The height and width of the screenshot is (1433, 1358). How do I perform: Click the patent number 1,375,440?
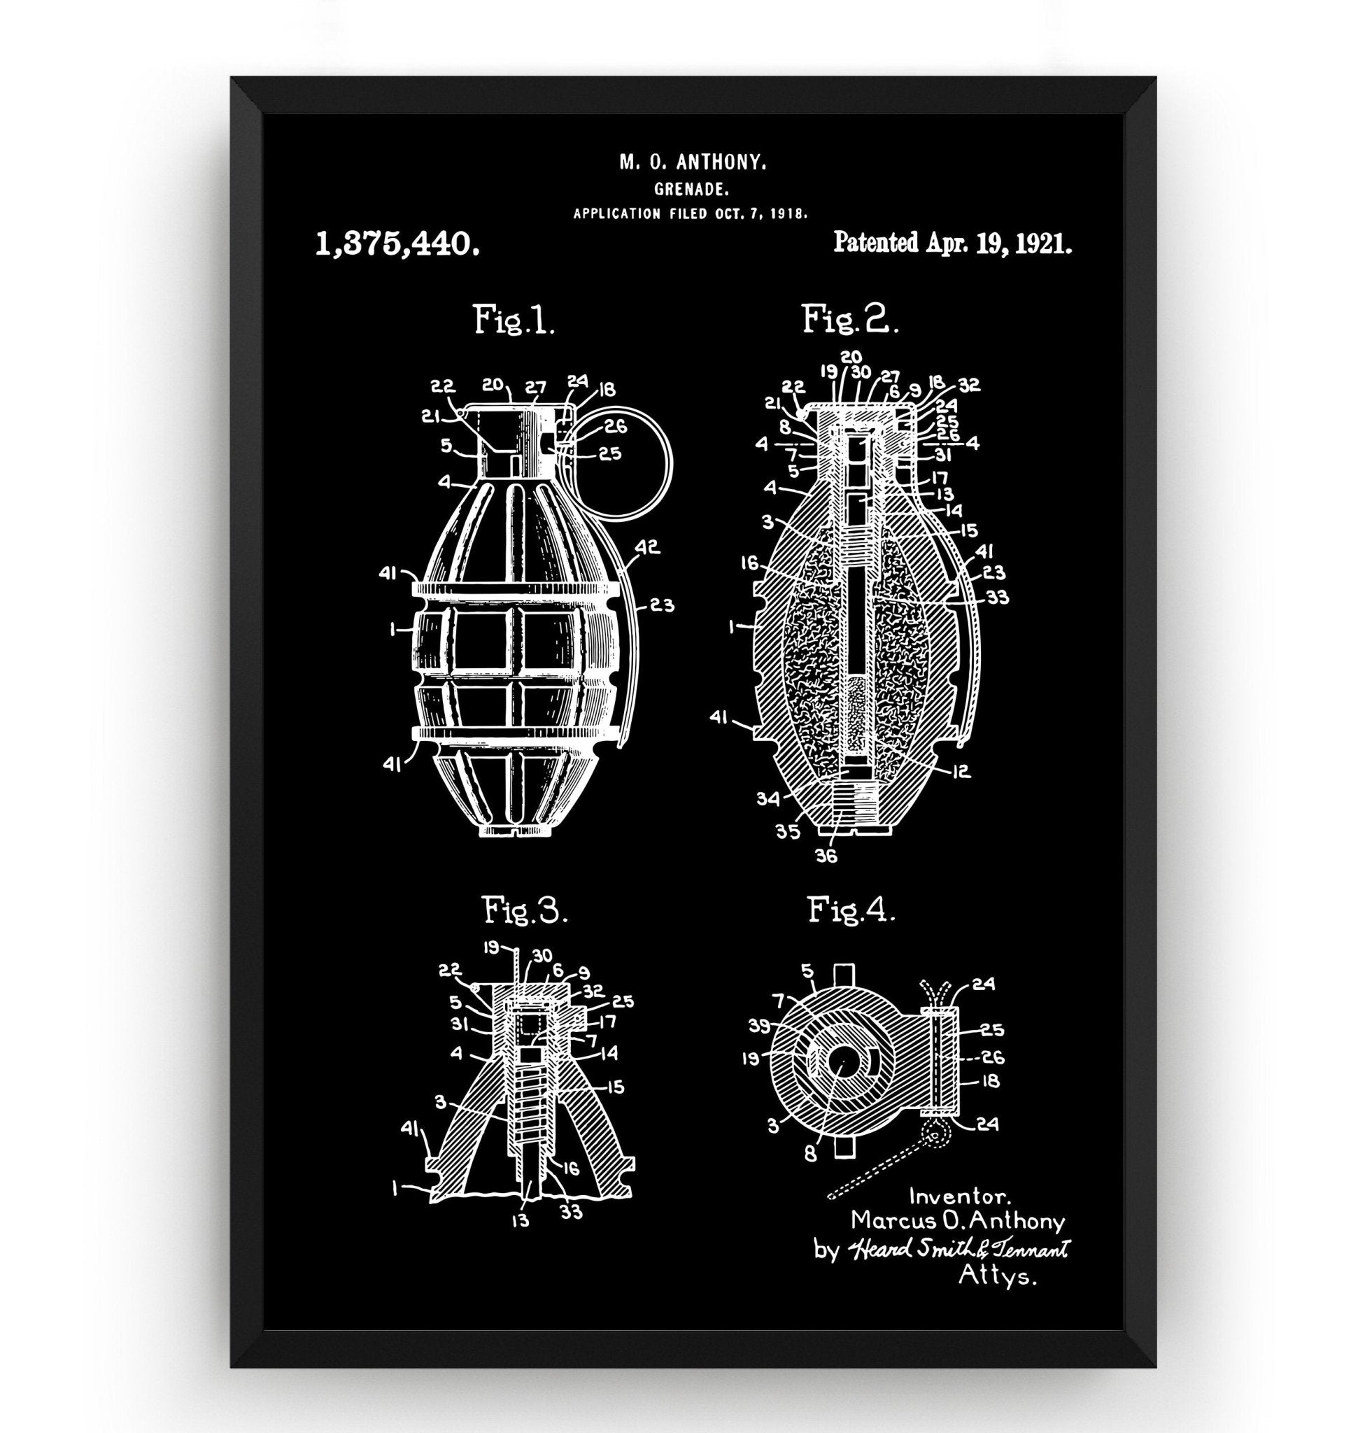[x=397, y=245]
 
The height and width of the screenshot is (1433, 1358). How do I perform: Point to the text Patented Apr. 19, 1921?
[x=953, y=243]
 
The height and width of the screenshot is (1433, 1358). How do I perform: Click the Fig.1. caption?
[x=514, y=320]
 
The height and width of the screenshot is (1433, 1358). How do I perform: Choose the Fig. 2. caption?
[x=849, y=319]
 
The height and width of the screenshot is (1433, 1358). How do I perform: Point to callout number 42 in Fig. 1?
[x=649, y=548]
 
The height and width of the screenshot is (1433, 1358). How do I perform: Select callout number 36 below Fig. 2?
[x=826, y=856]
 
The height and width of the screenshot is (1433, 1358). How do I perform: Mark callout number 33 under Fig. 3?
[x=571, y=1210]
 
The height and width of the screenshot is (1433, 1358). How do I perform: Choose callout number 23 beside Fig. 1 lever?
[x=663, y=605]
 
